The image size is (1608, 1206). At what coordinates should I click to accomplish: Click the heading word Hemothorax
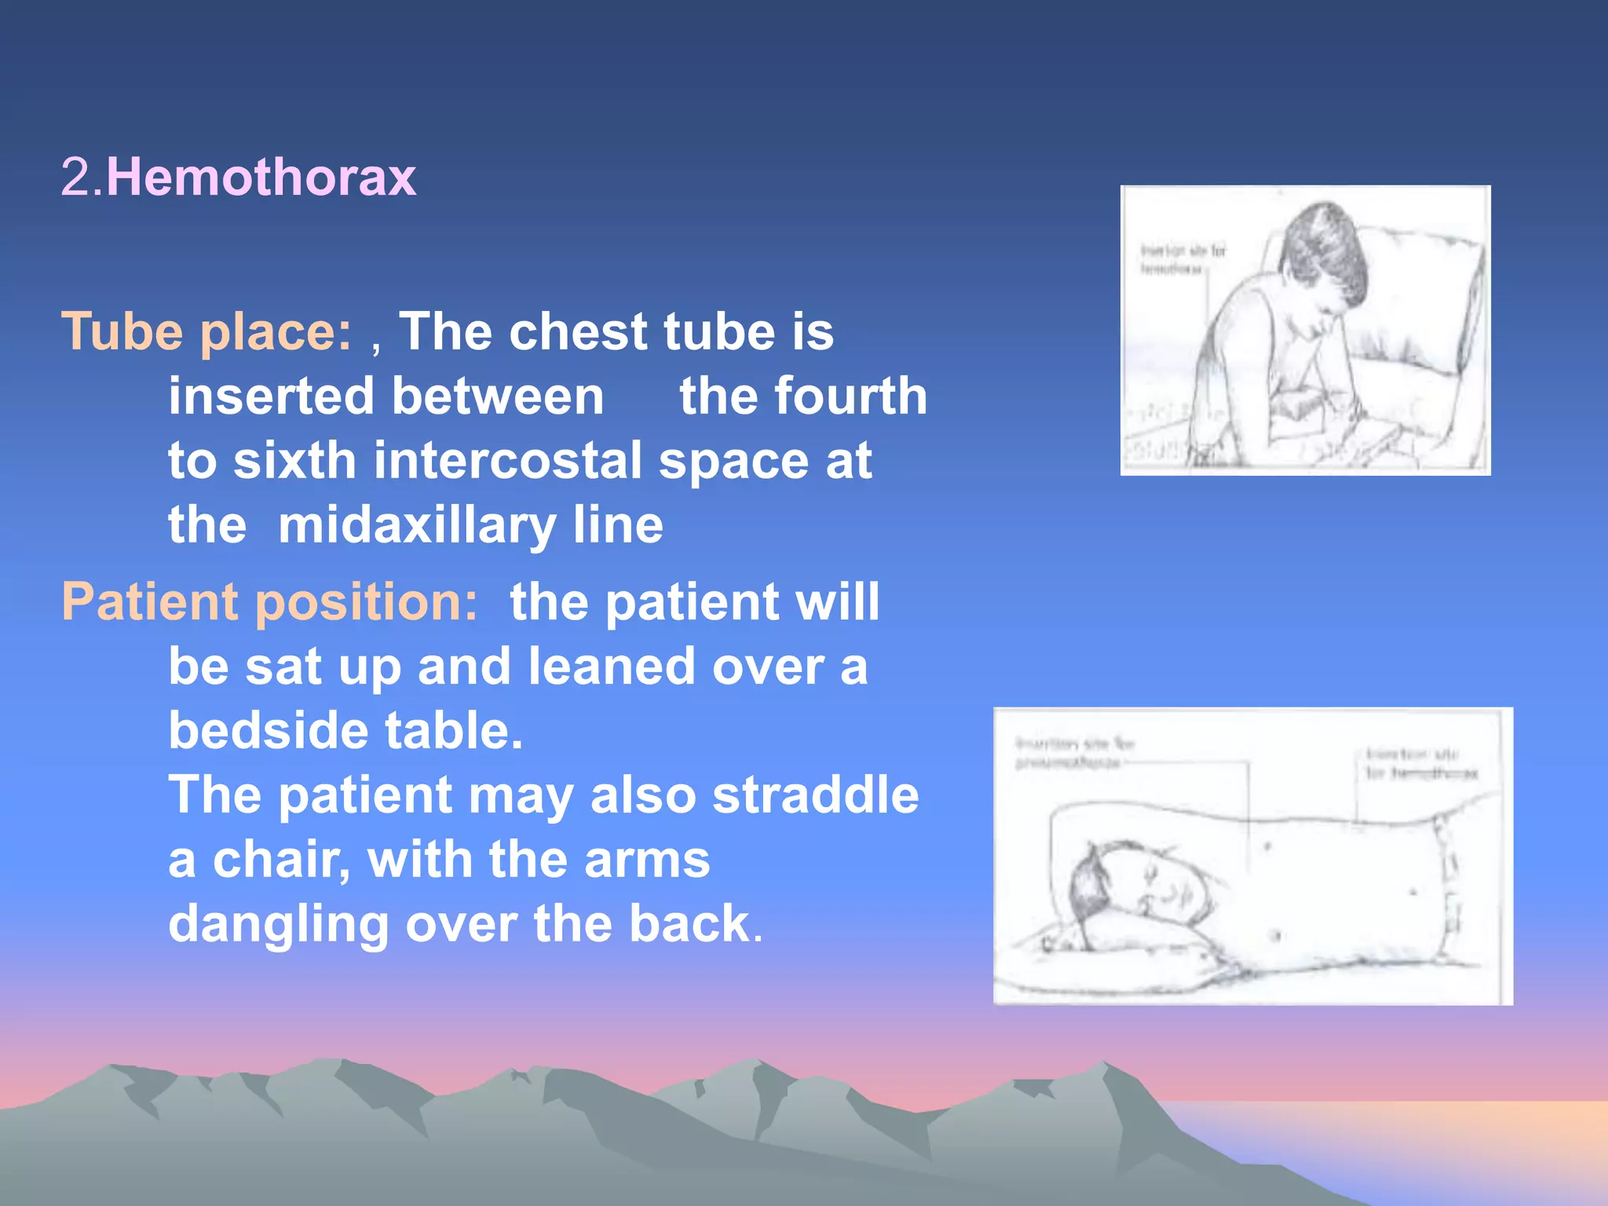pos(261,177)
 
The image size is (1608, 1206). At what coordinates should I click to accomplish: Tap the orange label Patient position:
pos(269,602)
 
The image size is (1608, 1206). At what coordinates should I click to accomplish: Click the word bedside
pos(267,730)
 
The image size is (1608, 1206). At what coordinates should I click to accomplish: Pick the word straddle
pos(815,795)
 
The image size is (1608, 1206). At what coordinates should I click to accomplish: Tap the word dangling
pos(278,923)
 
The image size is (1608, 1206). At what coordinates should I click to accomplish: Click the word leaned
pos(611,667)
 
